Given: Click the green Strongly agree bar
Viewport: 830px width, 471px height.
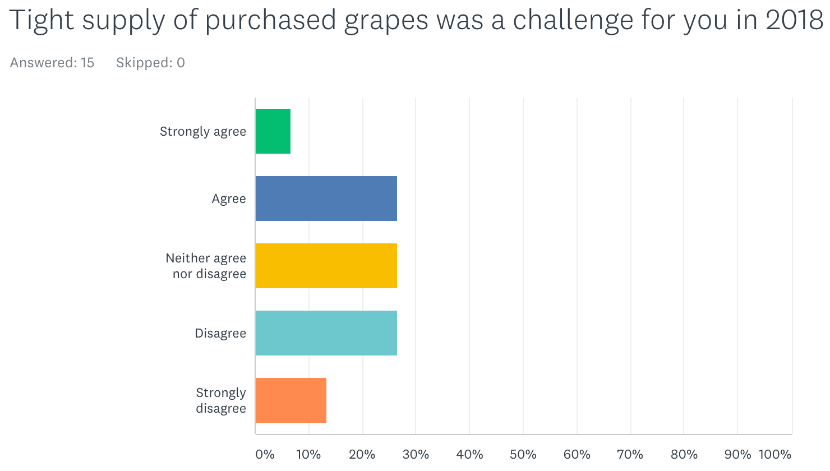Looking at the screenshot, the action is [273, 131].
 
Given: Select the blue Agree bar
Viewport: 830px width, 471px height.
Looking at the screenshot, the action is [326, 198].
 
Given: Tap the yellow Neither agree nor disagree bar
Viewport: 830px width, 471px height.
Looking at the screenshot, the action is [326, 266].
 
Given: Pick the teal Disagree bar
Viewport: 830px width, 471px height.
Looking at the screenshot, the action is [326, 333].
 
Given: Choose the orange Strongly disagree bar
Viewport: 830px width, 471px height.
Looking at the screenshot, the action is [291, 400].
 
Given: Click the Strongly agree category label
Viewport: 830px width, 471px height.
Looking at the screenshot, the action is [202, 132].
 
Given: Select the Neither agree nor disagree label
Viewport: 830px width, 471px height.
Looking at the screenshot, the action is [206, 266].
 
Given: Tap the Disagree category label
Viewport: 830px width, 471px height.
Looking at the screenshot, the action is [220, 333].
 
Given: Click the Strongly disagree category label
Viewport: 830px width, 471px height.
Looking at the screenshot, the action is [221, 400].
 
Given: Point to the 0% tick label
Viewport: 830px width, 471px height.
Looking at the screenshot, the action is [265, 454].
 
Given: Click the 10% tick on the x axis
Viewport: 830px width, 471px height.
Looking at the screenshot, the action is [308, 454].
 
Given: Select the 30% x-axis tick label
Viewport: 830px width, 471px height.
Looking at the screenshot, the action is [416, 454].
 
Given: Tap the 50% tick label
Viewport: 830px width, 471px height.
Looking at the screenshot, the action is [523, 454].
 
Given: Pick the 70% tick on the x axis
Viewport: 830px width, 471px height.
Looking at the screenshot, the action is [630, 454].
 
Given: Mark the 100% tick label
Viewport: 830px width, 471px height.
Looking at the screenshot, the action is [775, 454].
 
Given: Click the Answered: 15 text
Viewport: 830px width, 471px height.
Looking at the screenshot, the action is [52, 63].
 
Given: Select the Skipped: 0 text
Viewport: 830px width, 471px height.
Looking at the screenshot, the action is [150, 63].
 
